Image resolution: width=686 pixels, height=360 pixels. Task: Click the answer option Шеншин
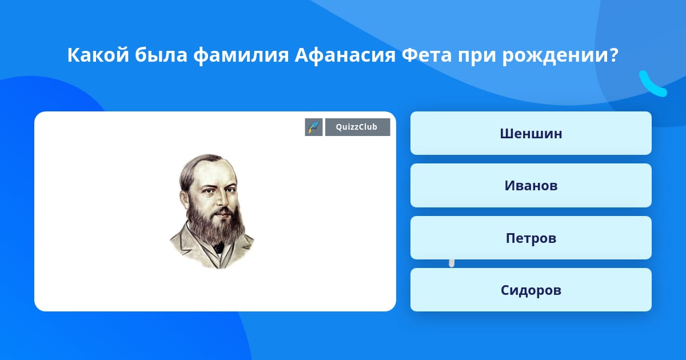[x=531, y=133]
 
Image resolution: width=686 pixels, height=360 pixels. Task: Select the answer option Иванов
[x=531, y=186]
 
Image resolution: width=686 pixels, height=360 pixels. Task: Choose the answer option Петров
[x=531, y=238]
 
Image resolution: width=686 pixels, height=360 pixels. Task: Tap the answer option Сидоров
[x=531, y=290]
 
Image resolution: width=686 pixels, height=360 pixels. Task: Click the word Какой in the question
[x=98, y=55]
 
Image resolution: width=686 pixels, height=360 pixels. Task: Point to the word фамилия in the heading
[x=241, y=56]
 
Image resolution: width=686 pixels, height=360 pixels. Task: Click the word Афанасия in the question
[x=345, y=55]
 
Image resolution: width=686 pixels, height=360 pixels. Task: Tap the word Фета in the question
[x=426, y=55]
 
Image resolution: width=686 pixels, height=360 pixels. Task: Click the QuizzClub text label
[x=357, y=127]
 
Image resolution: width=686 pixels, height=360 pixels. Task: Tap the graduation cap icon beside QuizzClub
[x=314, y=127]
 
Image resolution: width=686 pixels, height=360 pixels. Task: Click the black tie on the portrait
[x=218, y=247]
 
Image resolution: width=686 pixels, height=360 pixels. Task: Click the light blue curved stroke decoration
[x=653, y=84]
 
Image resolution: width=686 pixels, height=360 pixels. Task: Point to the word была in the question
[x=161, y=55]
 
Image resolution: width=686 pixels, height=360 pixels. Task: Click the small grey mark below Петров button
[x=452, y=263]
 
